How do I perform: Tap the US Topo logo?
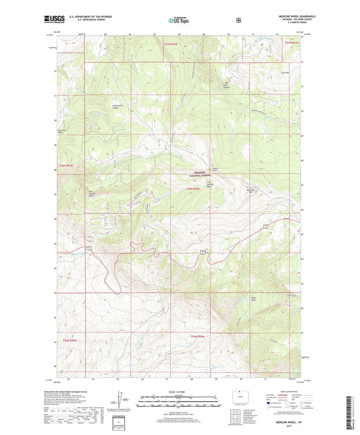tap(178, 20)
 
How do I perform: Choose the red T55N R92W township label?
tap(197, 336)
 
